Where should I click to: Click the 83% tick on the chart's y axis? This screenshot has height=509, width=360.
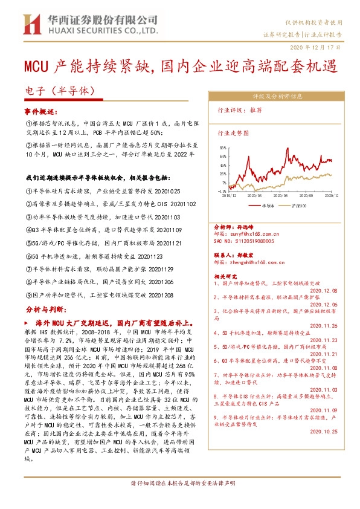click(223, 147)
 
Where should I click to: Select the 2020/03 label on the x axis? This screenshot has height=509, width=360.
click(254, 196)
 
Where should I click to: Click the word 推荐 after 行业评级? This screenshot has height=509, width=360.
click(256, 111)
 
